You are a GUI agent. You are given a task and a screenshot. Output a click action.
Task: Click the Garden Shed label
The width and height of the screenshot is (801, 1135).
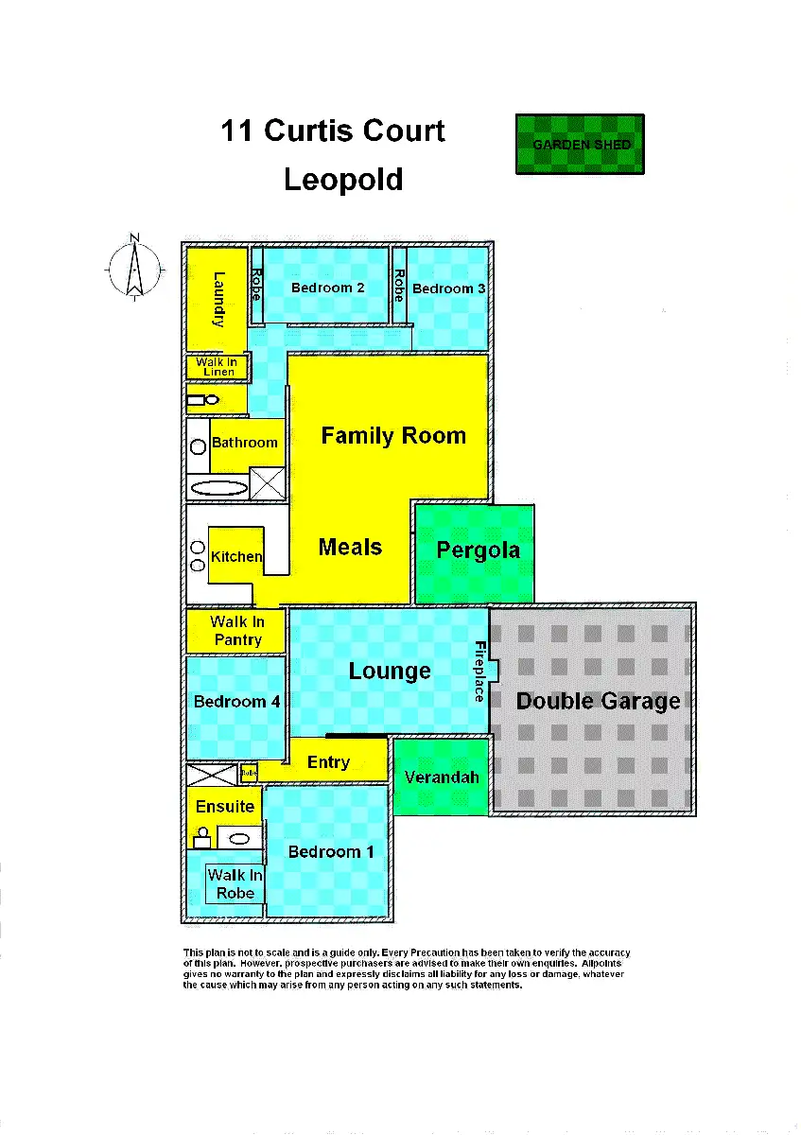coord(581,145)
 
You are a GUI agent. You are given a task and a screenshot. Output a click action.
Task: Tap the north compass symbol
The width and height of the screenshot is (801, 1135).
coord(134,268)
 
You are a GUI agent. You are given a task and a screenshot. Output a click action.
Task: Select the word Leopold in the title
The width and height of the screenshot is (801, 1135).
coord(343,179)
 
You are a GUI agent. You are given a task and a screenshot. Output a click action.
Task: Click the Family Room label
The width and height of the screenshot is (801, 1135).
coord(393,436)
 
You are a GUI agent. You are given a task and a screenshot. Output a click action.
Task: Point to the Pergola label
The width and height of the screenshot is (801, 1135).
coord(478,550)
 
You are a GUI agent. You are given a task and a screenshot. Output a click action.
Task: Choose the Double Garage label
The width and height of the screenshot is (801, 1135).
coord(598,701)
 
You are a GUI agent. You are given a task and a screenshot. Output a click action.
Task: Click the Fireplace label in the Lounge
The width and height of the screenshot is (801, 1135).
coord(479,672)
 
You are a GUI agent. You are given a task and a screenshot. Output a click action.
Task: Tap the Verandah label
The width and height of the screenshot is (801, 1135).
coord(442,777)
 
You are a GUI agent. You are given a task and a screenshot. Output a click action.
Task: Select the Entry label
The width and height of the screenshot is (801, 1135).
coord(328,762)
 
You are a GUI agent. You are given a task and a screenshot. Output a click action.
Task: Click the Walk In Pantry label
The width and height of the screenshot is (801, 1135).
coord(237,631)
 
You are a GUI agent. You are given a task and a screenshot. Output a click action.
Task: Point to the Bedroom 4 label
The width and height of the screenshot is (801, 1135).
coord(236,702)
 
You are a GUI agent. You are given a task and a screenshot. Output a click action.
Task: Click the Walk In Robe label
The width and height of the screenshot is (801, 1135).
coord(235,884)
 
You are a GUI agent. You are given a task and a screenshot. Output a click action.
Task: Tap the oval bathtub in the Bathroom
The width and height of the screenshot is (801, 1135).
coord(218,489)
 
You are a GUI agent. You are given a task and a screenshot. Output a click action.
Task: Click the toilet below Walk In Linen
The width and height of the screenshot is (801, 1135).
coord(202,401)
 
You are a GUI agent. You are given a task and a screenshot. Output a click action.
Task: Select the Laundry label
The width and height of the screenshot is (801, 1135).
coord(218,299)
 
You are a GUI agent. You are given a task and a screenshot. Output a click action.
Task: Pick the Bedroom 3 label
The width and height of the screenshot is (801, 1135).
coord(448,288)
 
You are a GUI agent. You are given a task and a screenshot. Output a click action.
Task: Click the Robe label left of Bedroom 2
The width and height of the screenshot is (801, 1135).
coord(255,285)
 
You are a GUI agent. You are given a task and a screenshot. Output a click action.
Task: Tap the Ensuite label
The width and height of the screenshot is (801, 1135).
coord(225,807)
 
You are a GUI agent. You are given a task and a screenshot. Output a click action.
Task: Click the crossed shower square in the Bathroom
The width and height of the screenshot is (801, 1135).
coord(267,483)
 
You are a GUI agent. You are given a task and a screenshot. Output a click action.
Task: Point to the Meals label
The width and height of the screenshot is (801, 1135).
coord(350,547)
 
